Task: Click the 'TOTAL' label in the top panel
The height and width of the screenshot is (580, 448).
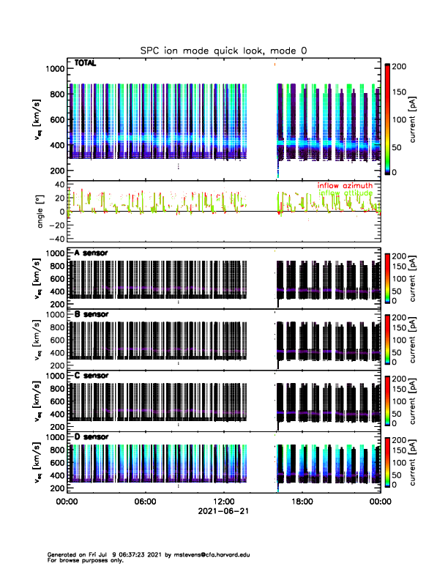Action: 86,64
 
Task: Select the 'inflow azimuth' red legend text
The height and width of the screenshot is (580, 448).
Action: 344,185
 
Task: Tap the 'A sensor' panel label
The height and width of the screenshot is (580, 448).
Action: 91,253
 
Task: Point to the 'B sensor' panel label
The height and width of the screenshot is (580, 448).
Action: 91,315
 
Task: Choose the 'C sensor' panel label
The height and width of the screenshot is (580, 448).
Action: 91,376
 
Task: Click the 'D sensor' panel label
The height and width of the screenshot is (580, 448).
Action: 91,437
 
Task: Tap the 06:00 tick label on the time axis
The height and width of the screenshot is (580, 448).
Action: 146,502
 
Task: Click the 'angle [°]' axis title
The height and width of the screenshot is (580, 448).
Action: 42,212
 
